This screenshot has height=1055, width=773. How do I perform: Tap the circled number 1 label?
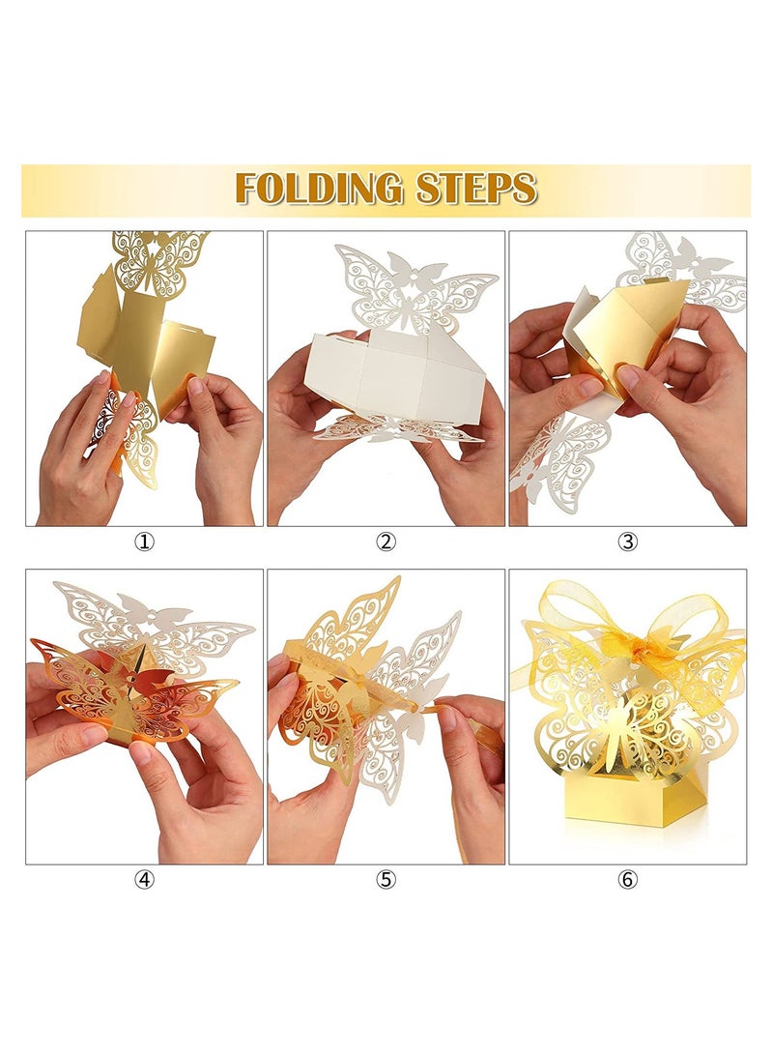[144, 542]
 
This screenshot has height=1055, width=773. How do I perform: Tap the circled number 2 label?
[386, 542]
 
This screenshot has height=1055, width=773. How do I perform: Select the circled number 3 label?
[628, 542]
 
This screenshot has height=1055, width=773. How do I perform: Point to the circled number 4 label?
[144, 880]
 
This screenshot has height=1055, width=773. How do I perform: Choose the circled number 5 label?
[386, 880]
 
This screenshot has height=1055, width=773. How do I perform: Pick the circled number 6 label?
[628, 880]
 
